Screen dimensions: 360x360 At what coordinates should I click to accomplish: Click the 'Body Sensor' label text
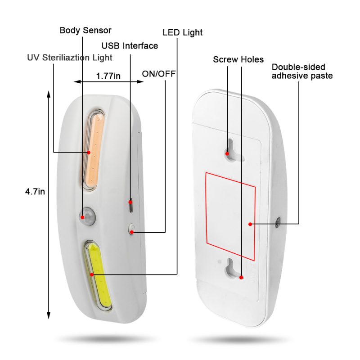click(85, 30)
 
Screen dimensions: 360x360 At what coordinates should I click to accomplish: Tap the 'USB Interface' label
click(130, 46)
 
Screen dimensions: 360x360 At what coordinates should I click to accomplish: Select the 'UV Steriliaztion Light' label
click(70, 58)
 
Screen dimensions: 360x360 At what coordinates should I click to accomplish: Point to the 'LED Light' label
click(183, 32)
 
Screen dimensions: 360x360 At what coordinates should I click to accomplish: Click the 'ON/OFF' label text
click(159, 74)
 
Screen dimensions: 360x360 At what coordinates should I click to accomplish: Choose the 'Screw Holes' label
click(238, 59)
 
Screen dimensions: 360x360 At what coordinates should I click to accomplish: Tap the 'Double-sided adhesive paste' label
click(302, 72)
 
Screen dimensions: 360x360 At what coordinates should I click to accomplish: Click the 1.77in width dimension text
click(108, 76)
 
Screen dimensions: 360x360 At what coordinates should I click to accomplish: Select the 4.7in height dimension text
click(35, 191)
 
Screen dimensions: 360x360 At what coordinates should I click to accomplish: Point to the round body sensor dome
click(88, 216)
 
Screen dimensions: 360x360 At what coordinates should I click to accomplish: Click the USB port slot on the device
click(130, 205)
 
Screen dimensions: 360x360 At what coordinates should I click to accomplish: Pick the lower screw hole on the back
click(232, 269)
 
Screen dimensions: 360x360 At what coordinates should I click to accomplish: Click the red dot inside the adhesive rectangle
click(250, 224)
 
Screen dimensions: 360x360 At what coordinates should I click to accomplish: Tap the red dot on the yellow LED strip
click(92, 274)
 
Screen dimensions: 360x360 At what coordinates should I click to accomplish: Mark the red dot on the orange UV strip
click(89, 152)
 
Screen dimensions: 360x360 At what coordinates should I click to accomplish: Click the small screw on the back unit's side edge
click(278, 222)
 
